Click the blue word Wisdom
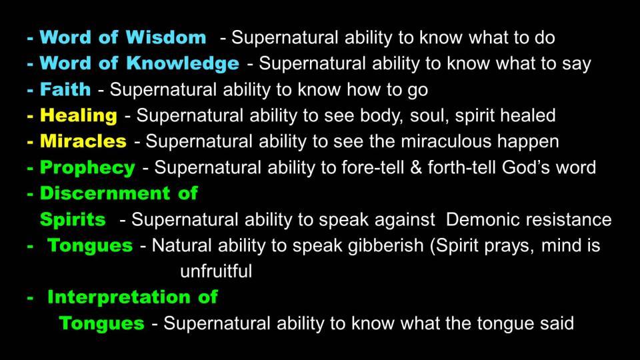pyautogui.click(x=166, y=37)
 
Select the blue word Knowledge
pyautogui.click(x=183, y=63)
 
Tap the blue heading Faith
pyautogui.click(x=65, y=89)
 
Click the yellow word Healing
pyautogui.click(x=79, y=115)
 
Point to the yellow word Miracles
pyautogui.click(x=83, y=141)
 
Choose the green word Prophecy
pyautogui.click(x=87, y=168)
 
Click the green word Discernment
pyautogui.click(x=105, y=193)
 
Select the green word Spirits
pyautogui.click(x=73, y=219)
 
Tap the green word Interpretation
pyautogui.click(x=119, y=297)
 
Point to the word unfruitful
pyautogui.click(x=216, y=271)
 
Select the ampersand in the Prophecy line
pyautogui.click(x=416, y=168)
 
